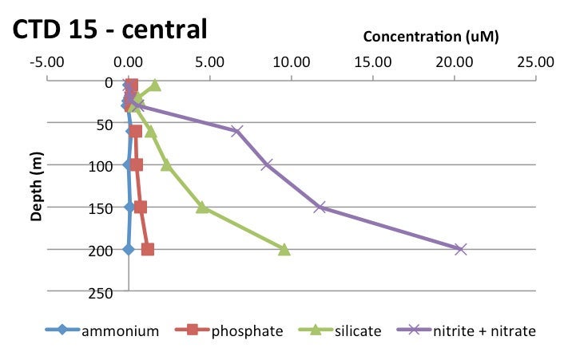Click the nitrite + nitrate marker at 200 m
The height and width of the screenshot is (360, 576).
(460, 249)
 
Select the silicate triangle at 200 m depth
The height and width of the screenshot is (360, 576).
(284, 249)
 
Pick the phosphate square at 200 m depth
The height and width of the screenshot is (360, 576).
(148, 249)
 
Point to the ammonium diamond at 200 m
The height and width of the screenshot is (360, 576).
(129, 249)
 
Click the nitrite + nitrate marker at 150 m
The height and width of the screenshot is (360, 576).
(320, 207)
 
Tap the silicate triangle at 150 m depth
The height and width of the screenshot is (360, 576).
(203, 207)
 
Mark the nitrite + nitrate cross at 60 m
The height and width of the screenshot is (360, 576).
(237, 131)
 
